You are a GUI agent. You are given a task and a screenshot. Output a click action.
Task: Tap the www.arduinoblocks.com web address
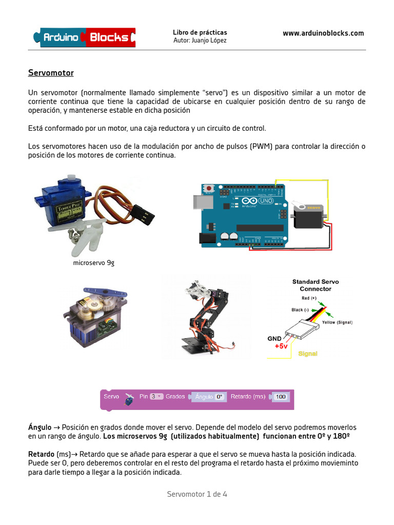tap(323, 33)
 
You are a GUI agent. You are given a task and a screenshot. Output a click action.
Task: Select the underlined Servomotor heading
tap(51, 73)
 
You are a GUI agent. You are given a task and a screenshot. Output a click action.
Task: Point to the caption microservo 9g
tap(94, 263)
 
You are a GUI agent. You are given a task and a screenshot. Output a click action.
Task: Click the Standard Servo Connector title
tap(316, 285)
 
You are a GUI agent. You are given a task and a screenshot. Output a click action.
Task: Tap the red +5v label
tap(281, 346)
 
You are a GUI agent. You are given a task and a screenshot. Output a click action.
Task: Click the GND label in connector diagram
tap(274, 338)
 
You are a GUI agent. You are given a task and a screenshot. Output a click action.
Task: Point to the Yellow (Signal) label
tap(337, 322)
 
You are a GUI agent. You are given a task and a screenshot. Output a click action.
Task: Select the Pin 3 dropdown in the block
tap(156, 396)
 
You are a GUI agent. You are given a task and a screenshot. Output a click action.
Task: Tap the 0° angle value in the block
tap(220, 396)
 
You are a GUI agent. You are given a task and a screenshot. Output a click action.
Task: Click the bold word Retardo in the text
tap(40, 454)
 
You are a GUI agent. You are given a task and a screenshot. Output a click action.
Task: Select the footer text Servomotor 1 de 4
tap(197, 494)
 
